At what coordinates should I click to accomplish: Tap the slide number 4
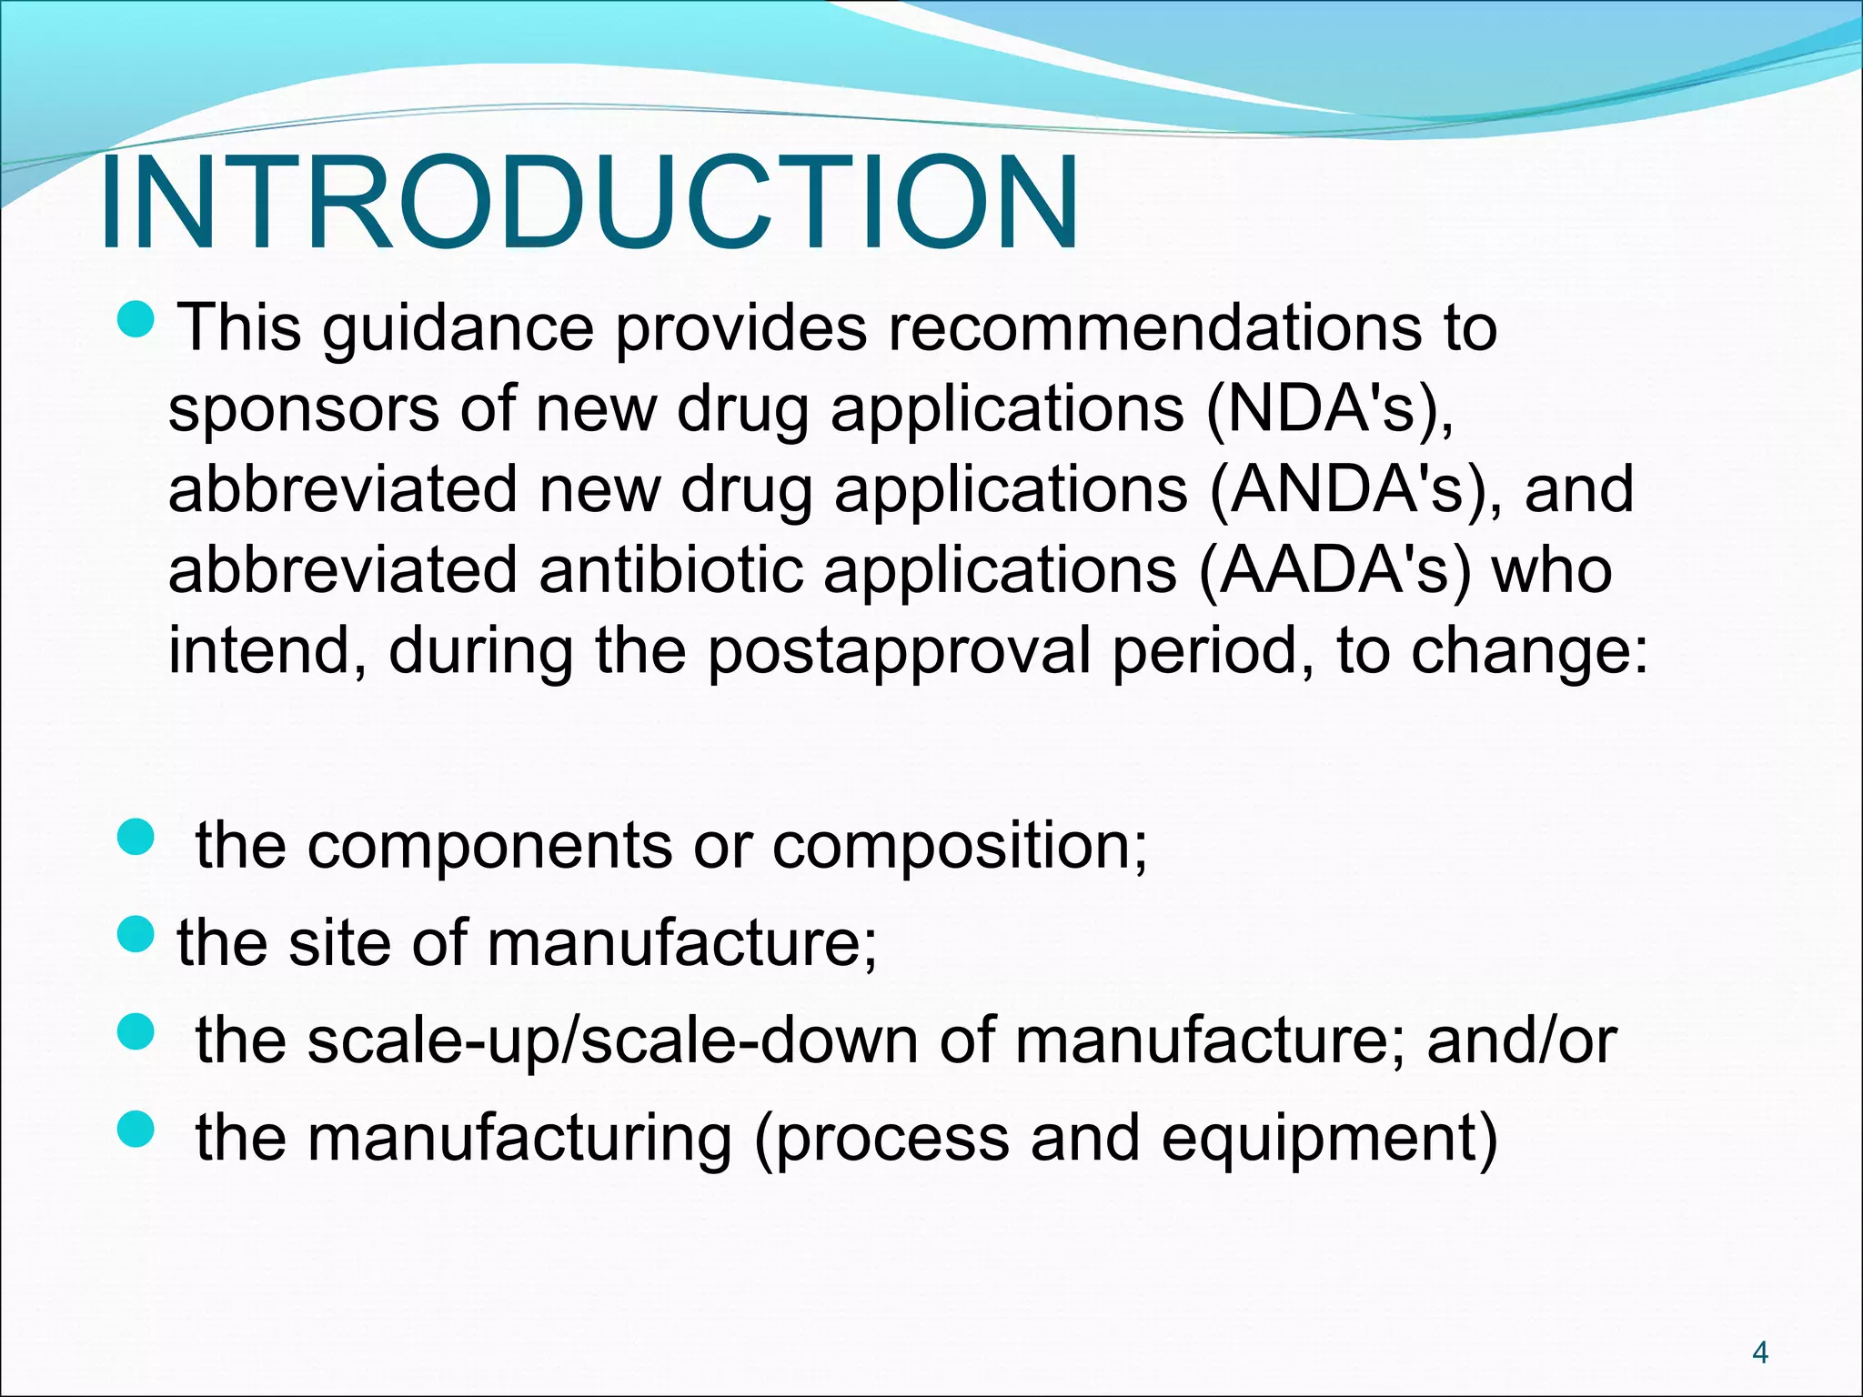(1759, 1353)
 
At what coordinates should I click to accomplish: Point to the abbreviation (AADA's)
(1334, 570)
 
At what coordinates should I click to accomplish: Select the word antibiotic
(671, 570)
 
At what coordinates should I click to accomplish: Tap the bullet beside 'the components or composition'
(138, 838)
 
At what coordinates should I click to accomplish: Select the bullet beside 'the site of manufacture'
(138, 936)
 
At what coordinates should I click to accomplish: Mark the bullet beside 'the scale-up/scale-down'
(138, 1033)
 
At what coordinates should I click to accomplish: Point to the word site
(339, 943)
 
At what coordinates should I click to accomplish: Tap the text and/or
(1521, 1040)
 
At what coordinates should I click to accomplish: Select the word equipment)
(1329, 1139)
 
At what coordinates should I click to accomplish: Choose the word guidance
(458, 329)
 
